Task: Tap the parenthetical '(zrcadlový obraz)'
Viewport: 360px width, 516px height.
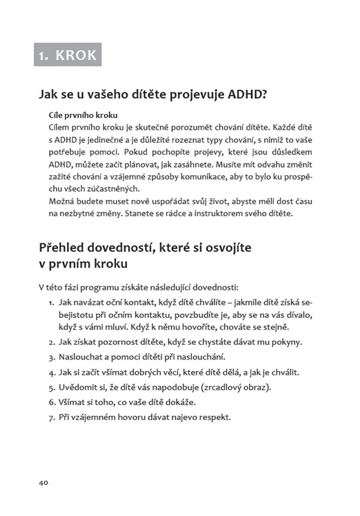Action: click(234, 387)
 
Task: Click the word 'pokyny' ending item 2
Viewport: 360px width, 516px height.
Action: click(287, 341)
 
